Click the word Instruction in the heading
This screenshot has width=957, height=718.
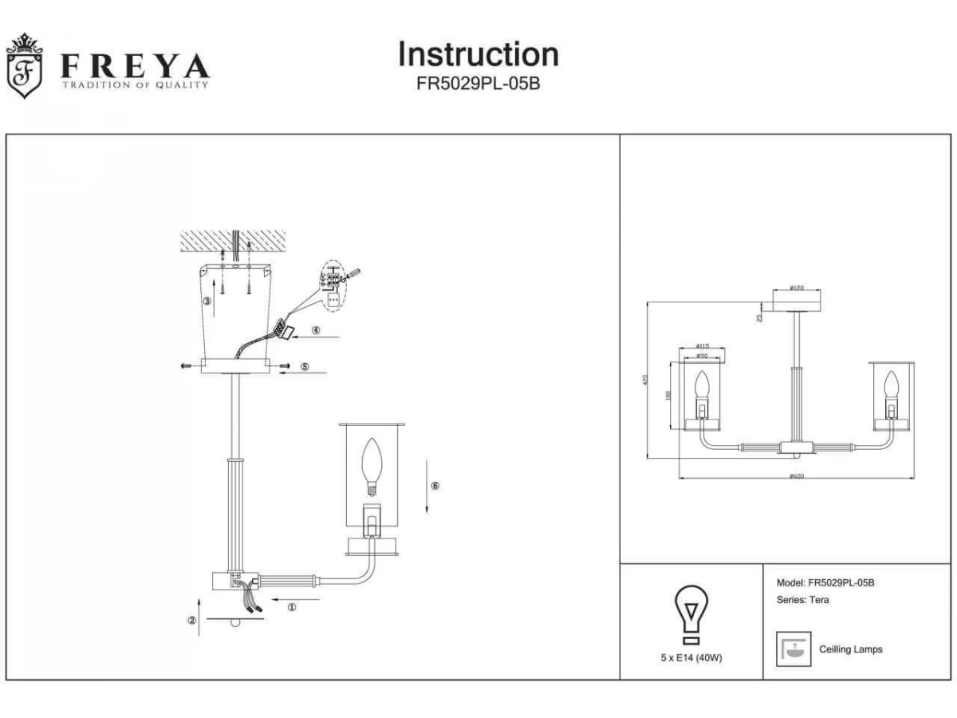pyautogui.click(x=478, y=54)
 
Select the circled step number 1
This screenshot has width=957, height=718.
pyautogui.click(x=291, y=607)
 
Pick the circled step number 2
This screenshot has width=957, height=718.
pyautogui.click(x=192, y=621)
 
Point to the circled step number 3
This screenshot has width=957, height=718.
pyautogui.click(x=207, y=302)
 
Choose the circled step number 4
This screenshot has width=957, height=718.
pyautogui.click(x=316, y=330)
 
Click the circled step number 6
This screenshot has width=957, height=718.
pyautogui.click(x=435, y=485)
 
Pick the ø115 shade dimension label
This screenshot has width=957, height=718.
pyautogui.click(x=702, y=346)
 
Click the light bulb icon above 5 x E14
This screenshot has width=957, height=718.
pyautogui.click(x=691, y=614)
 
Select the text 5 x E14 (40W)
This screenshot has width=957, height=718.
pyautogui.click(x=691, y=658)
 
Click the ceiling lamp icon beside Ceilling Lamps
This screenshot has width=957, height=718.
pyautogui.click(x=793, y=649)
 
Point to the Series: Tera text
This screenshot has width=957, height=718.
pyautogui.click(x=802, y=600)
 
